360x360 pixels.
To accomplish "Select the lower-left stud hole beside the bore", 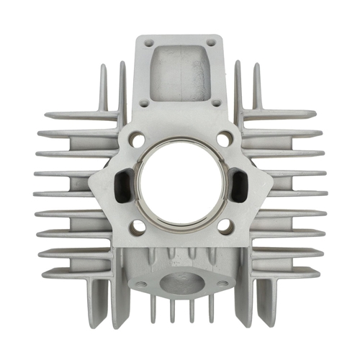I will click(138, 225).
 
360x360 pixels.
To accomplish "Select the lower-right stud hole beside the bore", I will click(224, 225).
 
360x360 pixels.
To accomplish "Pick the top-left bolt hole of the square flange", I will click(148, 43).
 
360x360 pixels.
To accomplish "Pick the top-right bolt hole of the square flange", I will click(214, 43).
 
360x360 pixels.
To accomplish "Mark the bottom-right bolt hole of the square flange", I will click(217, 103).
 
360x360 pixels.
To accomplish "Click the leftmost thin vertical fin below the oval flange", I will click(153, 310).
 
